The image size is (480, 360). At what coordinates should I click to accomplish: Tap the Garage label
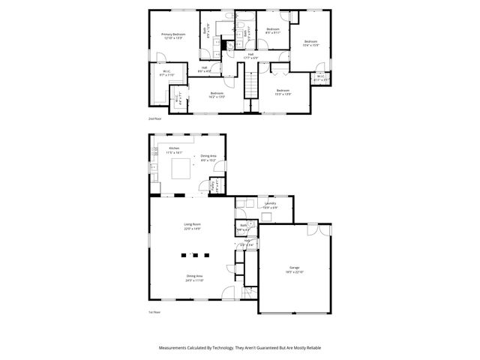click(x=295, y=267)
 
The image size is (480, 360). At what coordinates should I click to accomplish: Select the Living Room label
click(x=193, y=224)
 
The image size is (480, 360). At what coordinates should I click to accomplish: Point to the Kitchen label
click(x=174, y=148)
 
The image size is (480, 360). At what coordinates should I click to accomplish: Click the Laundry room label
click(x=270, y=203)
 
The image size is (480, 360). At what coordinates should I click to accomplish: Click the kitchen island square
click(x=181, y=170)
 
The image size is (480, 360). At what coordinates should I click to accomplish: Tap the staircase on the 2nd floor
click(x=251, y=79)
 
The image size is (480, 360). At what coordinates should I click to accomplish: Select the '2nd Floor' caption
click(x=155, y=118)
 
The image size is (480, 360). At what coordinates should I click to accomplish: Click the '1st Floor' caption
click(x=155, y=311)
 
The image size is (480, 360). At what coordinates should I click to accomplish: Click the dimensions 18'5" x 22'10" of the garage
click(x=295, y=271)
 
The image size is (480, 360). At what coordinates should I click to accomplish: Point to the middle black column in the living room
click(x=192, y=255)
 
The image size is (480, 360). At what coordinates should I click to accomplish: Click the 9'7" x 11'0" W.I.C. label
click(x=166, y=72)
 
